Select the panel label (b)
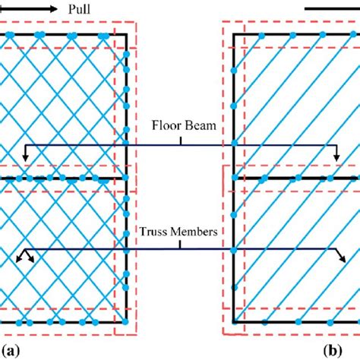tap(333, 350)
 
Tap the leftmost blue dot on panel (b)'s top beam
tap(261, 36)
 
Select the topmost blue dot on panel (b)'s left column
tap(233, 70)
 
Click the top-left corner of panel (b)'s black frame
tap(233, 36)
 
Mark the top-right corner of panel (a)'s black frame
tap(126, 36)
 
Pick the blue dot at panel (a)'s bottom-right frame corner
tap(126, 324)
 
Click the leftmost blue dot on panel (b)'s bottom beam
tap(251, 324)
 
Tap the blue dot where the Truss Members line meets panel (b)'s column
tap(233, 250)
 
